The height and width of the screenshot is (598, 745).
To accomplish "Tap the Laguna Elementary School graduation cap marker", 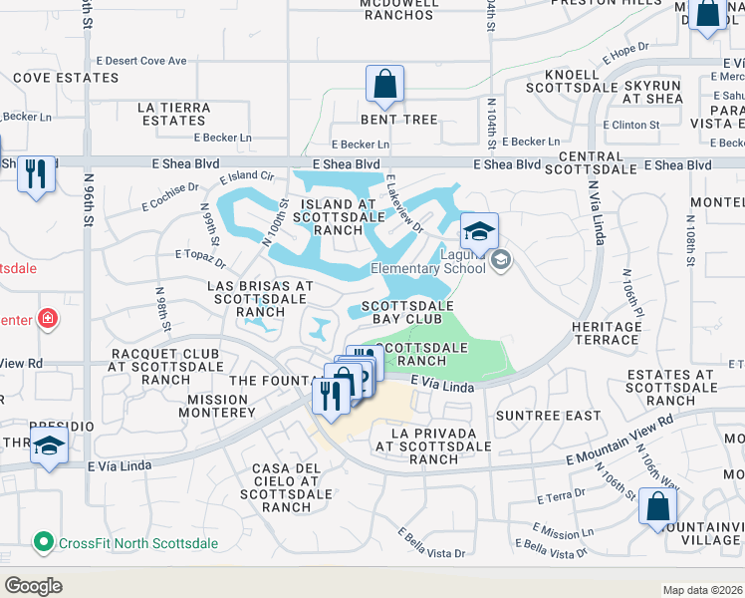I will (x=479, y=232).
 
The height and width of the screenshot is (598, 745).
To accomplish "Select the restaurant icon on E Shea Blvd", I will (x=37, y=175).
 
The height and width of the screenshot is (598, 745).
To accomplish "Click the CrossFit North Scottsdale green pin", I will (x=43, y=543).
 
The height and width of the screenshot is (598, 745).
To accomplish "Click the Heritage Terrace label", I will (x=607, y=333).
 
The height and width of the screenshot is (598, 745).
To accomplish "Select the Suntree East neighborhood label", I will (x=549, y=415).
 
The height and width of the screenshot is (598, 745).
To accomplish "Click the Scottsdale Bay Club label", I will (x=407, y=312).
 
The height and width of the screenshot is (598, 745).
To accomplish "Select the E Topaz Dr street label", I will (x=200, y=260).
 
